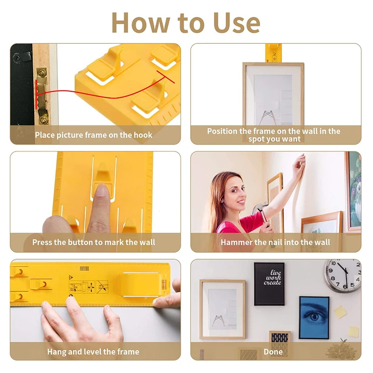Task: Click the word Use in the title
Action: pyautogui.click(x=236, y=23)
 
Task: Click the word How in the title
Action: pyautogui.click(x=141, y=23)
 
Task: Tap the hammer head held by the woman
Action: pyautogui.click(x=259, y=207)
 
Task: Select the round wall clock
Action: pyautogui.click(x=343, y=276)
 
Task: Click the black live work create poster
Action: pyautogui.click(x=269, y=284)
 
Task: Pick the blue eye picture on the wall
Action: pyautogui.click(x=314, y=318)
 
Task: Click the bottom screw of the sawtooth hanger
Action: pyautogui.click(x=44, y=119)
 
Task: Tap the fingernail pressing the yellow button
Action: pyautogui.click(x=102, y=190)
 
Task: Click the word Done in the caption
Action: pyautogui.click(x=273, y=352)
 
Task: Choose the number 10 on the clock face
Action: pyautogui.click(x=333, y=263)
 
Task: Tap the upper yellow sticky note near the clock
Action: pyautogui.click(x=340, y=312)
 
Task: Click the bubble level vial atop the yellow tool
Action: pyautogui.click(x=84, y=269)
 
